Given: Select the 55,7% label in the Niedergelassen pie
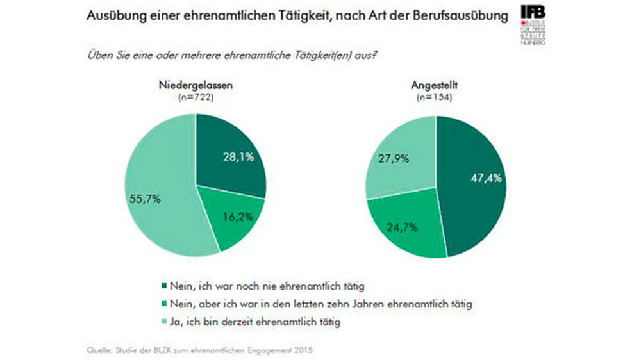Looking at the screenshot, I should [x=146, y=199].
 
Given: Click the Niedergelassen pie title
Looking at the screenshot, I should [x=196, y=86].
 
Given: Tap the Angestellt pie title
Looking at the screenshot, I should [x=437, y=86].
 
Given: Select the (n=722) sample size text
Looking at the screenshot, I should [x=196, y=97].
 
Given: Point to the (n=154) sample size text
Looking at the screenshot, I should [x=437, y=97].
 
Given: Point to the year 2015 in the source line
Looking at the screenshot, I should [x=304, y=350].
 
